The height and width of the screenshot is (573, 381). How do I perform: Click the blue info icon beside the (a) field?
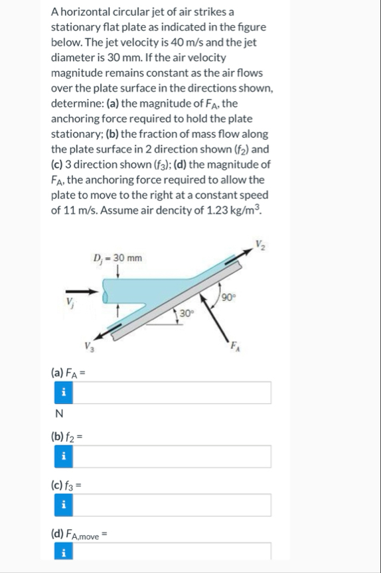(x=63, y=393)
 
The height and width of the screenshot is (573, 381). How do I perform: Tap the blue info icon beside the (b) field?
(x=63, y=456)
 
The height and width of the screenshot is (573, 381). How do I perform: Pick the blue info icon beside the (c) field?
(x=63, y=505)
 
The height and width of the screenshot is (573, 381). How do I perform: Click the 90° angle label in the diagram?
(x=230, y=296)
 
